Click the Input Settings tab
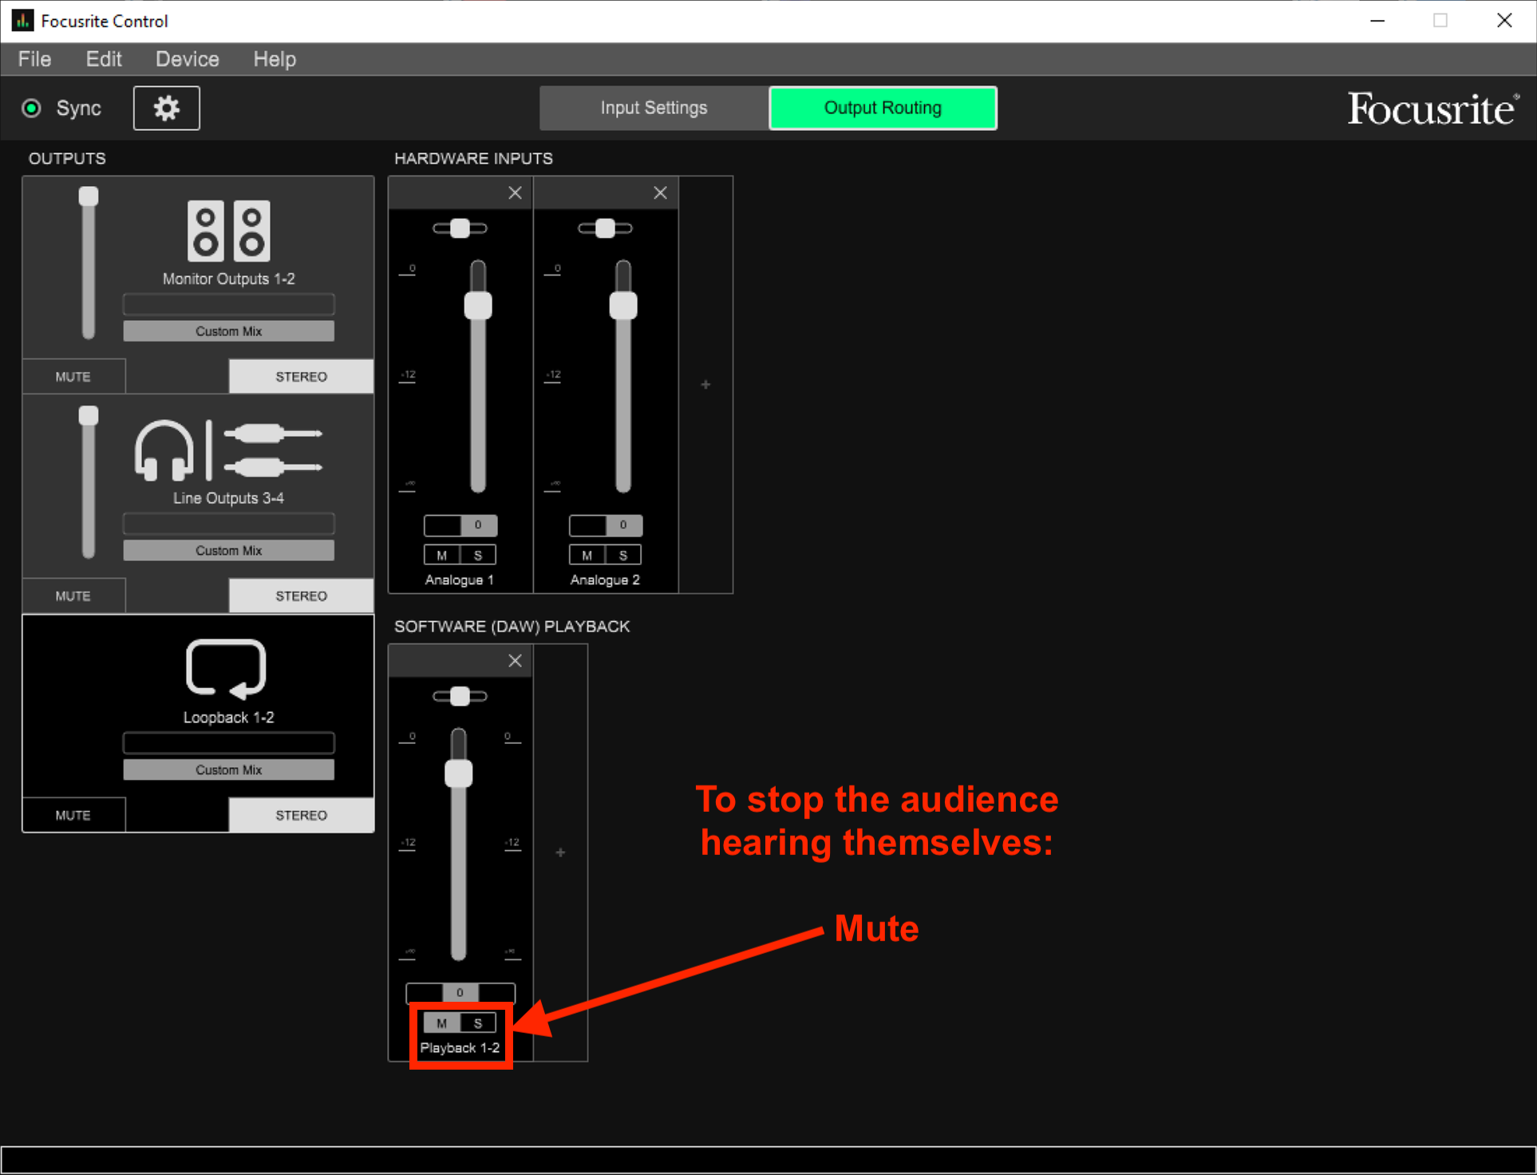(x=653, y=108)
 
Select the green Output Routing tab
(x=882, y=108)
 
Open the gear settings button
(x=166, y=108)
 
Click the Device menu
(x=187, y=59)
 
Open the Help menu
(x=275, y=59)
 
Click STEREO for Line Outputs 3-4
(x=301, y=595)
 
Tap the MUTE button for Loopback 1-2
(x=73, y=815)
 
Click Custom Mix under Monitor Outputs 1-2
(x=228, y=331)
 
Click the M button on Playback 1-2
(x=441, y=1023)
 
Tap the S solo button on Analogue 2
(x=623, y=555)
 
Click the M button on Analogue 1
(x=441, y=555)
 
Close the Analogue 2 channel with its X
(x=660, y=193)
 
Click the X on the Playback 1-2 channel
(x=515, y=661)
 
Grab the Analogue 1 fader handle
(x=478, y=306)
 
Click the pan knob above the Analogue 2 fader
(x=605, y=228)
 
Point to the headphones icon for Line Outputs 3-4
(x=164, y=451)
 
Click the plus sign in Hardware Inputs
(x=705, y=385)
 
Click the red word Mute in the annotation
(x=876, y=928)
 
